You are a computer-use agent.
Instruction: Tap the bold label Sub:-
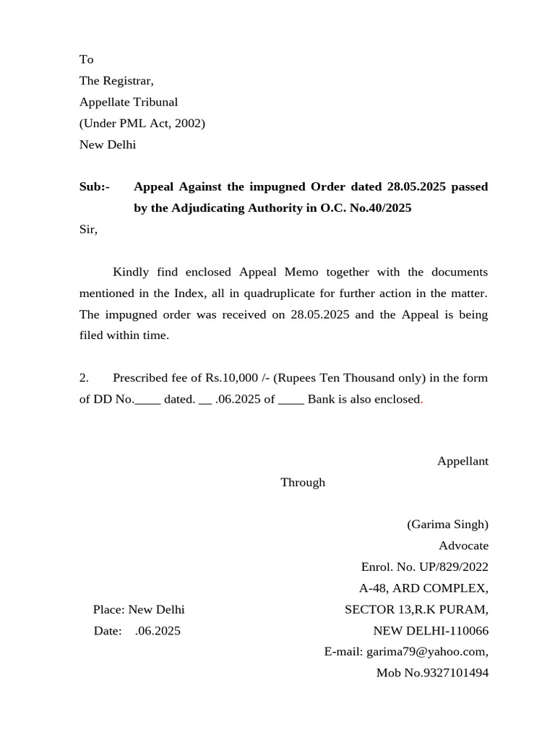pos(95,187)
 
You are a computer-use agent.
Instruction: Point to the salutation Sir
pos(87,230)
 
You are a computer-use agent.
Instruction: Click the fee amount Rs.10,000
pos(231,378)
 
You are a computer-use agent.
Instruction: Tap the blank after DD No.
pos(147,400)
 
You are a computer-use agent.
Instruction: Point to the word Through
pos(303,483)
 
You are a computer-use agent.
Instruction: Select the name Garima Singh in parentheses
pos(447,525)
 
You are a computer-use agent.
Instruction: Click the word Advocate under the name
pos(463,546)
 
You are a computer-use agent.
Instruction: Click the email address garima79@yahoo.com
pos(426,652)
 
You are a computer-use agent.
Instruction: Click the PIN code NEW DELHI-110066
pos(431,631)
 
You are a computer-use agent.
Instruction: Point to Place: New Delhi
pos(139,610)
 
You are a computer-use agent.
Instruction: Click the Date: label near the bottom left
pos(108,631)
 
